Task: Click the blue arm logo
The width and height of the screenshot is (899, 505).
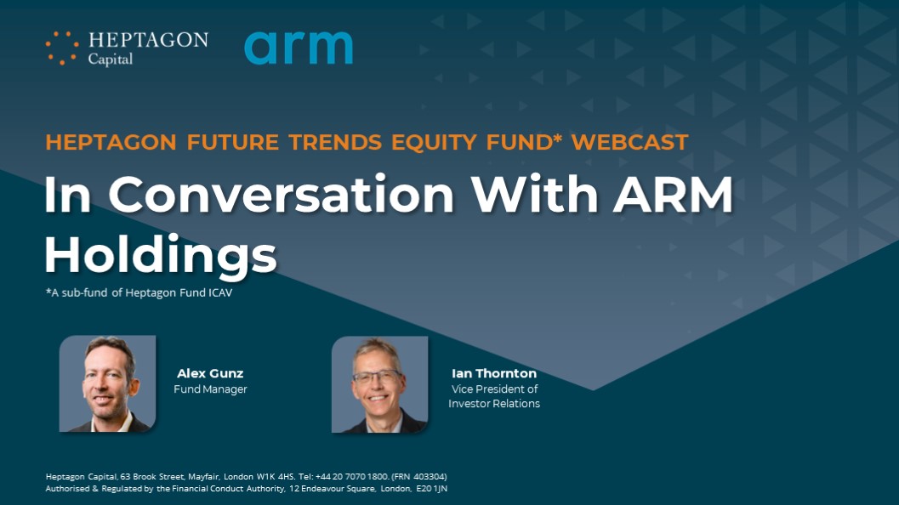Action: click(299, 48)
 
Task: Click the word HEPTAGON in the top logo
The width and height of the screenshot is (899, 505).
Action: click(148, 40)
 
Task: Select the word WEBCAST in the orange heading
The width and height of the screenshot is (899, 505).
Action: click(629, 142)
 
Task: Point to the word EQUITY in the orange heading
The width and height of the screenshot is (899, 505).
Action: click(434, 142)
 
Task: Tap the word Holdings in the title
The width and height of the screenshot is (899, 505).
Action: click(161, 255)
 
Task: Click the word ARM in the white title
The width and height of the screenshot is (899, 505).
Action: click(673, 194)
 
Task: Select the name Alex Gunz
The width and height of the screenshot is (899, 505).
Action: click(210, 373)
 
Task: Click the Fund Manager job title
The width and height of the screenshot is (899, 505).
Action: click(210, 389)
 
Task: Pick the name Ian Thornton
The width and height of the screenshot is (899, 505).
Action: click(493, 373)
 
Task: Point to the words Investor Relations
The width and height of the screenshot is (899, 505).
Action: click(493, 404)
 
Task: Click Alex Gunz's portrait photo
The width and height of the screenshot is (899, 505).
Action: click(107, 383)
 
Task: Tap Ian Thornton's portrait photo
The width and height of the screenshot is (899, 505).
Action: click(379, 384)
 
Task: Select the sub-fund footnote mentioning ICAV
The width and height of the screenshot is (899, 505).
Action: click(139, 293)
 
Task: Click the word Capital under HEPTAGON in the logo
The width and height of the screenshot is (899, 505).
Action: click(110, 59)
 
